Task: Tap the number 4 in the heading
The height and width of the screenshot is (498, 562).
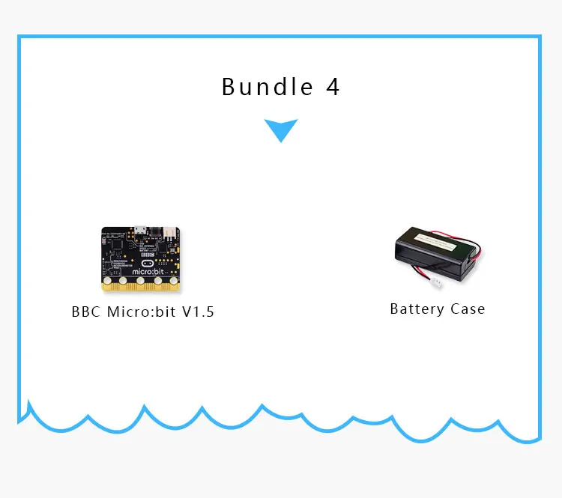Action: (x=333, y=87)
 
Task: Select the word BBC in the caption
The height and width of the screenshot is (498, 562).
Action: (x=86, y=312)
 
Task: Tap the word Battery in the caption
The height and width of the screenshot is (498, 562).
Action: (x=417, y=309)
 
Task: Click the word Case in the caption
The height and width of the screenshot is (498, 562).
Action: (x=468, y=309)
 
